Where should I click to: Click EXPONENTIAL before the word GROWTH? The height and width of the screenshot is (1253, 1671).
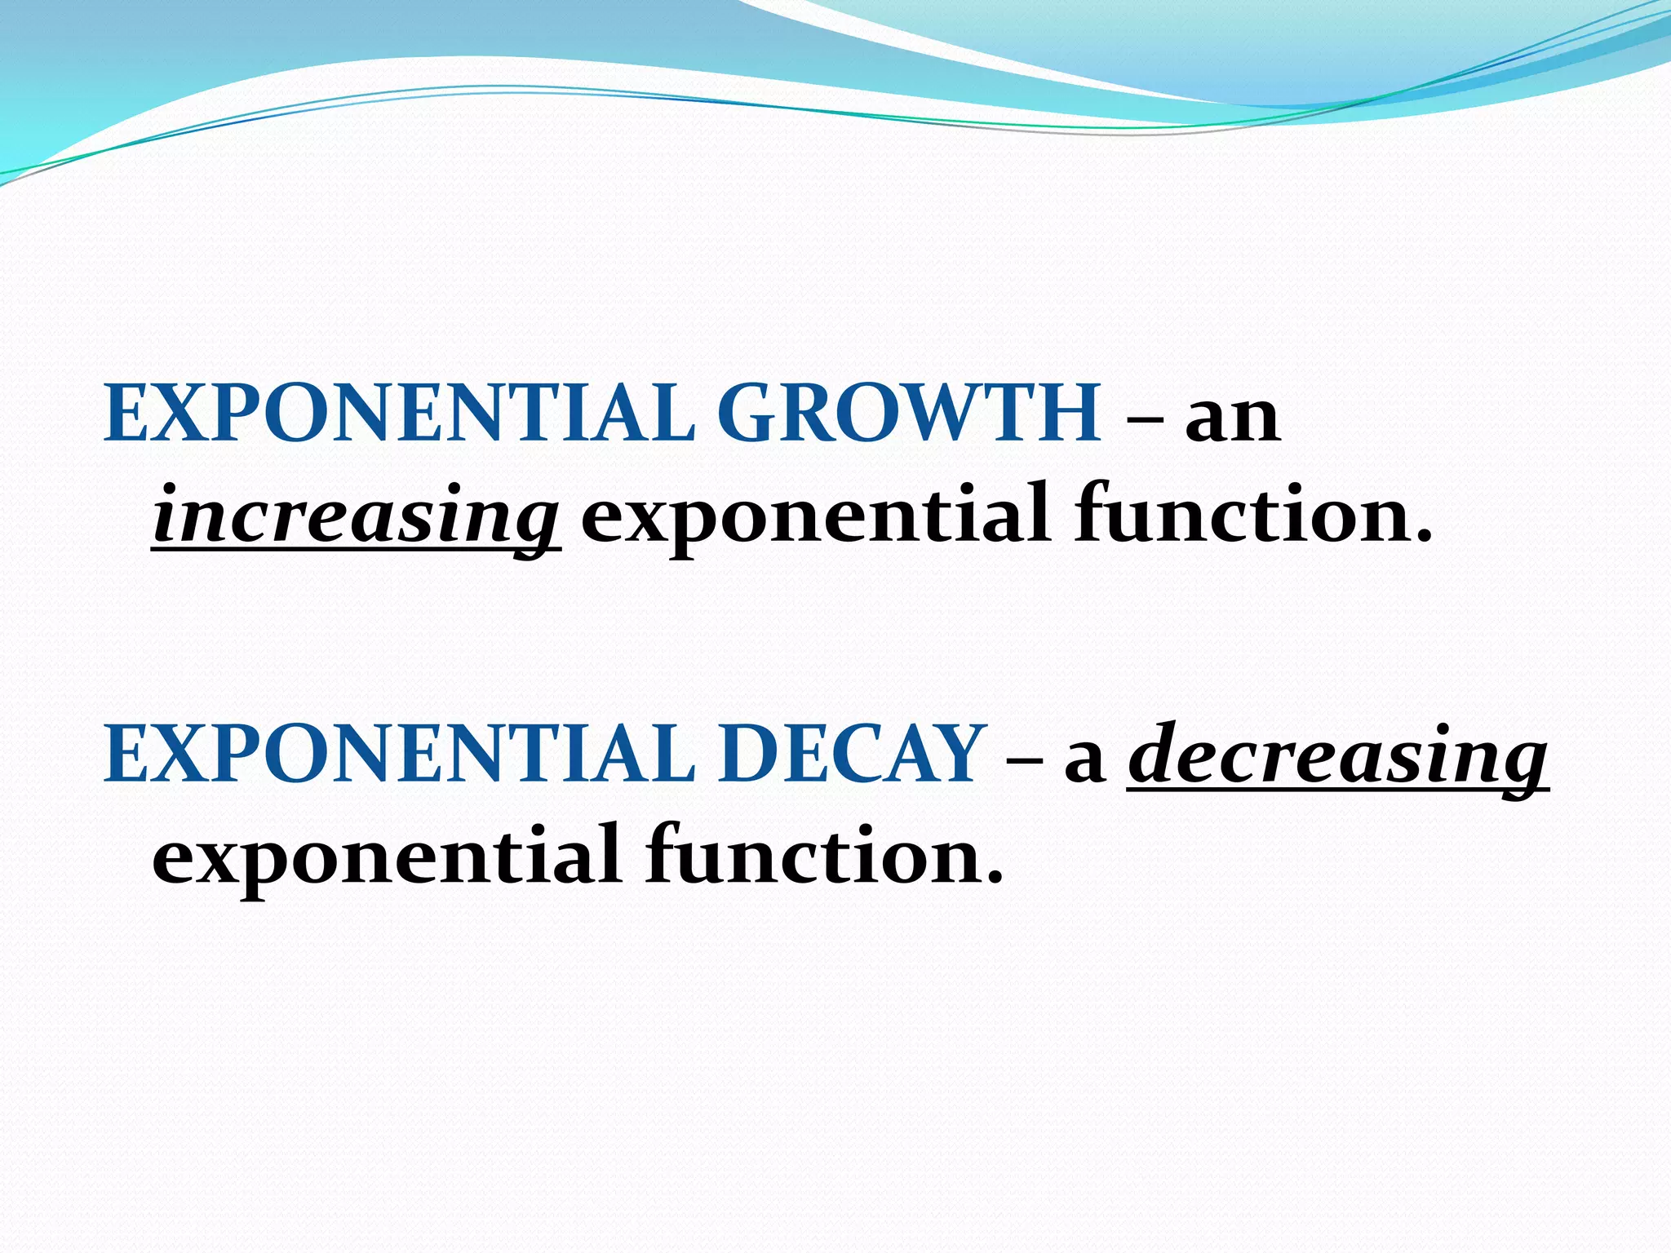[x=400, y=414]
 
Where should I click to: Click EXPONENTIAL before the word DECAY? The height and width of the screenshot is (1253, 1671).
[x=400, y=755]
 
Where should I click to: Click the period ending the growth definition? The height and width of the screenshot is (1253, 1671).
[x=1423, y=538]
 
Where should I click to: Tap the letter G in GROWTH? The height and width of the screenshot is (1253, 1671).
[x=751, y=414]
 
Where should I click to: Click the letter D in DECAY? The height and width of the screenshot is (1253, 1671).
[x=751, y=755]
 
